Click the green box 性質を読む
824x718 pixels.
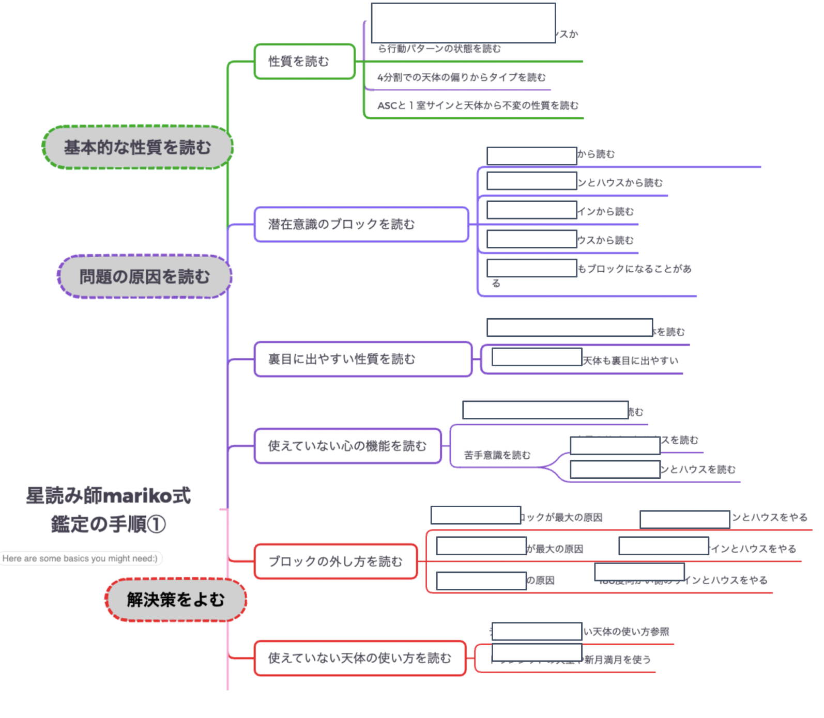[304, 61]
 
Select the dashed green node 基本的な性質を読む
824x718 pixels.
[138, 147]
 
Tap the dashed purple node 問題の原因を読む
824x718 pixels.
[144, 276]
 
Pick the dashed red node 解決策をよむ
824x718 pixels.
[176, 600]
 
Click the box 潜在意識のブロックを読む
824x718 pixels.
[361, 224]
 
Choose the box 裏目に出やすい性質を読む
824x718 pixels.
[363, 359]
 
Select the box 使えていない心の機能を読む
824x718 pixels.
[347, 446]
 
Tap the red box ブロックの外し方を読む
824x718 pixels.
[335, 561]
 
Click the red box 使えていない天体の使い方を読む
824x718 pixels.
[360, 658]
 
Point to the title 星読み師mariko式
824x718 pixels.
[109, 496]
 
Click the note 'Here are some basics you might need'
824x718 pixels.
[80, 558]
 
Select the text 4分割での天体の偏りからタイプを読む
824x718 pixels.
[461, 77]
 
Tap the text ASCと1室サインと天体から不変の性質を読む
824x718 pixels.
[478, 105]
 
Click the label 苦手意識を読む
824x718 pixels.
[497, 455]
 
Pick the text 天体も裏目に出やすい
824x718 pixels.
[630, 361]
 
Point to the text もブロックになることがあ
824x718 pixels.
[634, 269]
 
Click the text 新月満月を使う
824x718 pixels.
[617, 660]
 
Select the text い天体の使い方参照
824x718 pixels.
[626, 632]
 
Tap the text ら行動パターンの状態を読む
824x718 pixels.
[439, 49]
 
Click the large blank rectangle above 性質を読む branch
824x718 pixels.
[463, 23]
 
